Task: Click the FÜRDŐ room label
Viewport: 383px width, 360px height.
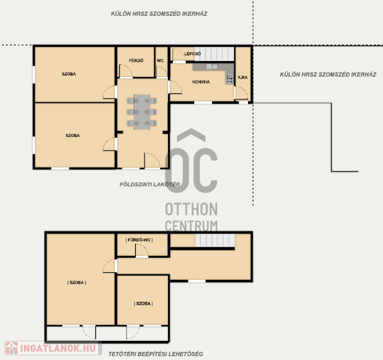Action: point(136,60)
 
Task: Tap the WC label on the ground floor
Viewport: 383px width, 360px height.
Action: point(160,60)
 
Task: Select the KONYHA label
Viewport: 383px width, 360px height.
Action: point(201,82)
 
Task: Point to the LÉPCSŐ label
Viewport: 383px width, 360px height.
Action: point(192,54)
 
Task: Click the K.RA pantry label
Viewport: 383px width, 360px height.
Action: point(243,77)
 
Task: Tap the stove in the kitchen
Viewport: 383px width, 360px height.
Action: point(229,78)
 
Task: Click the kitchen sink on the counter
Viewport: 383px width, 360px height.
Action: point(212,66)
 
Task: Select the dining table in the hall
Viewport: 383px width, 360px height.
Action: point(142,112)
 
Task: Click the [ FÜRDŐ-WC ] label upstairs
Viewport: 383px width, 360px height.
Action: point(139,240)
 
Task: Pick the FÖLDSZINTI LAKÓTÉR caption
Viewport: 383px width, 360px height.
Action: point(150,184)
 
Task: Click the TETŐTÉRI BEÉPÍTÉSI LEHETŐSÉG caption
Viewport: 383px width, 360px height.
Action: point(156,354)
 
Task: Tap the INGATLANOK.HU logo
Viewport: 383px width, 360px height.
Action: point(53,348)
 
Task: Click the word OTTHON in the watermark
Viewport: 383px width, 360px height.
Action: point(191,209)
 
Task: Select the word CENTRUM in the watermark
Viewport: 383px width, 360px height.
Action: point(191,226)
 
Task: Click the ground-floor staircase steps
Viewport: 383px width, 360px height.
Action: point(214,54)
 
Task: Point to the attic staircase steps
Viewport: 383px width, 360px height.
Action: point(215,240)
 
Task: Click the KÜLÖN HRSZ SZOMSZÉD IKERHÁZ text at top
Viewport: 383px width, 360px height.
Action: point(159,14)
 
